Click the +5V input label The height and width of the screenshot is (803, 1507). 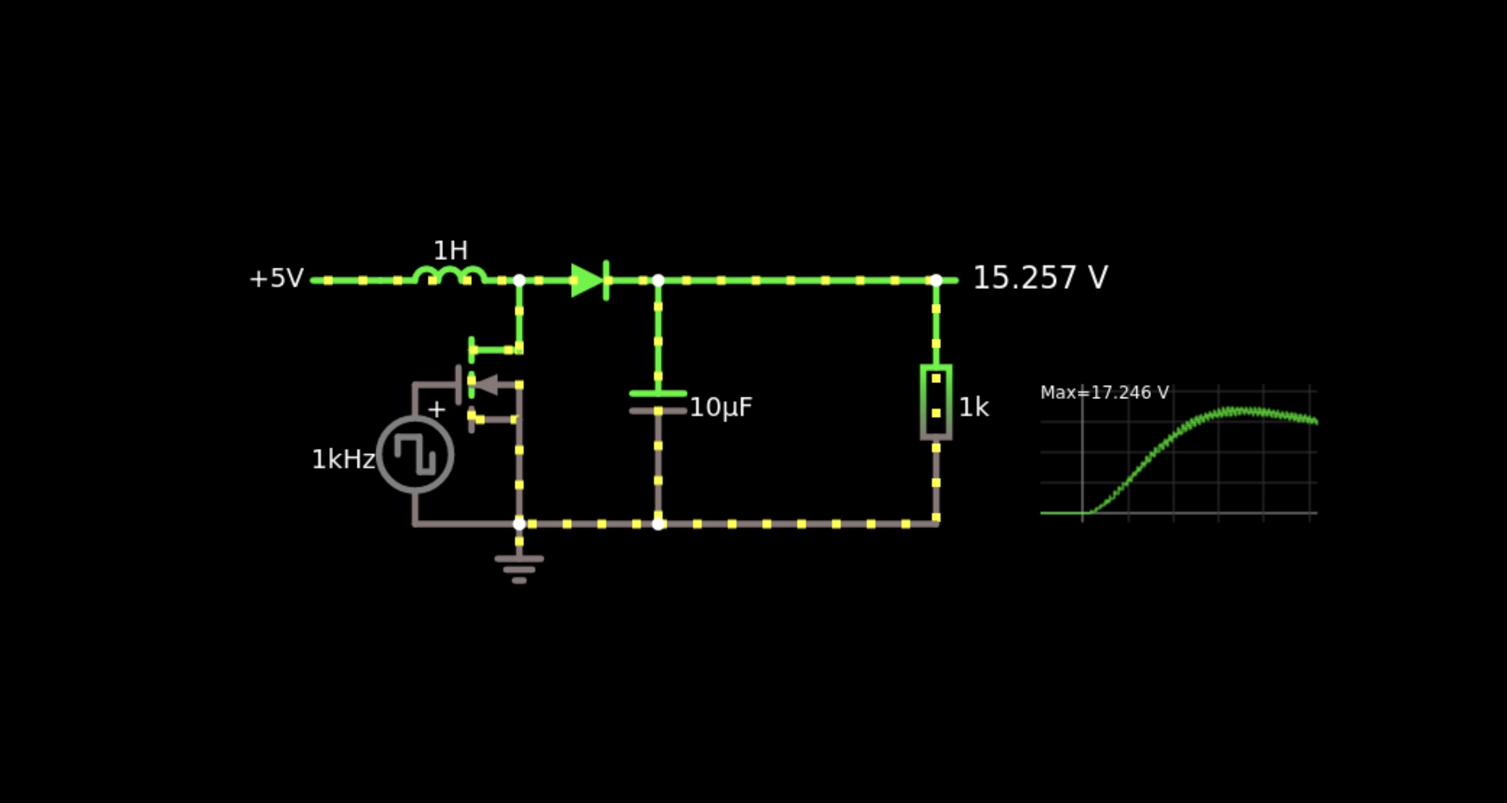(276, 278)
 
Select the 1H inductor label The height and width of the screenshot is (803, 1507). (451, 251)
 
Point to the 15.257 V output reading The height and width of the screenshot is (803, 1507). (1040, 278)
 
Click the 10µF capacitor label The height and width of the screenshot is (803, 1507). (721, 408)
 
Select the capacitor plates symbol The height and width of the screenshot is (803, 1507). (658, 402)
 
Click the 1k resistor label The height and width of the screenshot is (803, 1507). (973, 407)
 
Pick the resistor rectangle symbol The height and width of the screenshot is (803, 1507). (936, 401)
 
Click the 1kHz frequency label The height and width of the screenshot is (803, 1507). (343, 459)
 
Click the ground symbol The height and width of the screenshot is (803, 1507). (519, 569)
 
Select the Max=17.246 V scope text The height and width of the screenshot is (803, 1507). (1104, 393)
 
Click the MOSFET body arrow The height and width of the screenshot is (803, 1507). (487, 384)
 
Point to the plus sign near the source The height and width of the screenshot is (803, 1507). (436, 409)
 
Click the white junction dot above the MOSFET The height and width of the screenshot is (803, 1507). (519, 280)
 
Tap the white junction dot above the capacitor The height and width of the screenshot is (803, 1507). (658, 280)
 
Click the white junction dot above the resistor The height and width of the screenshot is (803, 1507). (936, 280)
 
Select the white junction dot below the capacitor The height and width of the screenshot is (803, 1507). (658, 524)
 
